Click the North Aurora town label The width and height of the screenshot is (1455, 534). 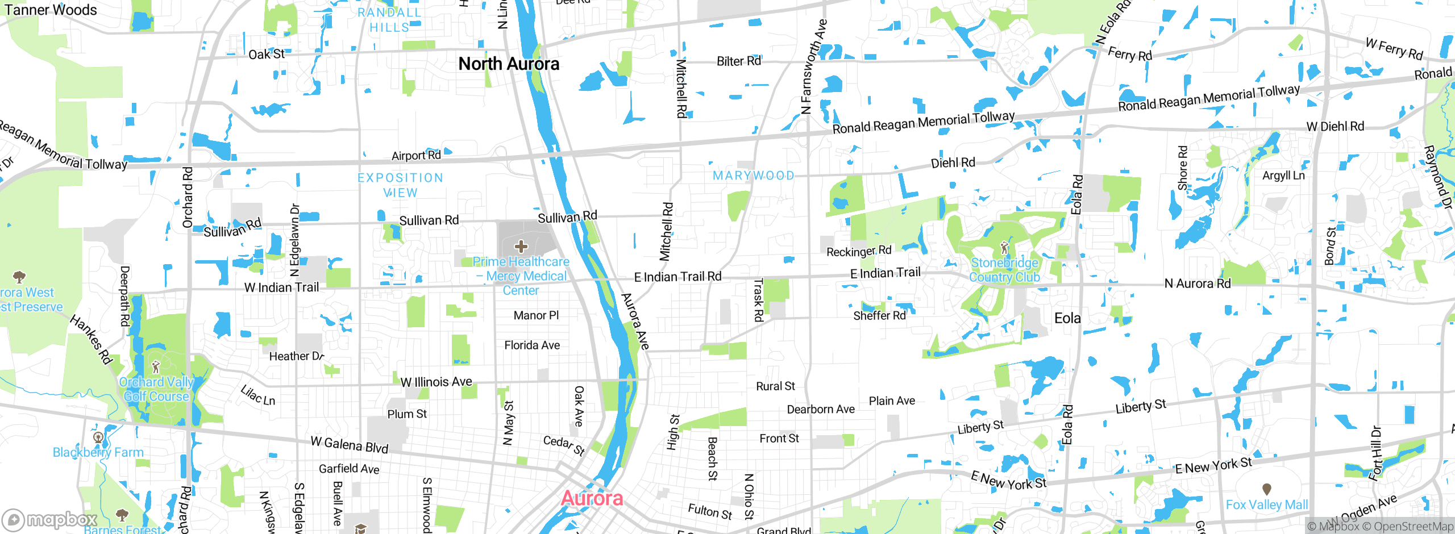point(509,64)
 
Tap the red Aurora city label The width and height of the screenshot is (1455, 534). point(592,498)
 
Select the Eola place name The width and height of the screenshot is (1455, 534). point(1067,318)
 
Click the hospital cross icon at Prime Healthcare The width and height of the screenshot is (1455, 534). point(521,247)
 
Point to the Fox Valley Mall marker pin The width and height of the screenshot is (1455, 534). point(1266,489)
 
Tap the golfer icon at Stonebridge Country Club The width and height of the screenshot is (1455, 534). point(1004,248)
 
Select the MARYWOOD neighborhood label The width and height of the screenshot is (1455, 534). point(754,176)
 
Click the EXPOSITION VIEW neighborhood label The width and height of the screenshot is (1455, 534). point(401,185)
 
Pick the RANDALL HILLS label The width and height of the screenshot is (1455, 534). point(389,20)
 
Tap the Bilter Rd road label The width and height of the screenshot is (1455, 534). point(738,61)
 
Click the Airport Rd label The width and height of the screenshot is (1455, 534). point(416,156)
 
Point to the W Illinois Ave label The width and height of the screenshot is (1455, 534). point(436,382)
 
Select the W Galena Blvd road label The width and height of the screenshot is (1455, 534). point(350,444)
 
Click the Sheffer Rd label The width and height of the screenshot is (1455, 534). point(879,316)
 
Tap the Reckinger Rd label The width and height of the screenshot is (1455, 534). point(859,251)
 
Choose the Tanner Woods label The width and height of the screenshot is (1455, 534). point(51,10)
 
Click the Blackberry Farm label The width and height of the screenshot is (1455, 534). point(98,453)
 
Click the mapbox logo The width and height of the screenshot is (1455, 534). point(50,519)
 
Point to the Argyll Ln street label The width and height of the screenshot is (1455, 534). point(1283,176)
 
